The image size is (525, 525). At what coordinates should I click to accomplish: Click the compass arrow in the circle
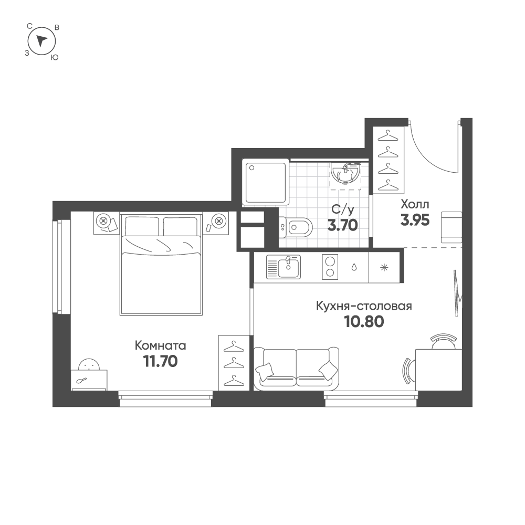[41, 40]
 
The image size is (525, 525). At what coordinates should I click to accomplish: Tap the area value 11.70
[160, 361]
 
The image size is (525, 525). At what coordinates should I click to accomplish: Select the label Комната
[160, 345]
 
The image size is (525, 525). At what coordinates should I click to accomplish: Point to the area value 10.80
[364, 322]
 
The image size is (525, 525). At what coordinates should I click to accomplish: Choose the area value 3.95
[415, 220]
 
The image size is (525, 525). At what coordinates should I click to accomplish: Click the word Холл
[415, 204]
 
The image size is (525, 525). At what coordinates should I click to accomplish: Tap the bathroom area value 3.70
[342, 225]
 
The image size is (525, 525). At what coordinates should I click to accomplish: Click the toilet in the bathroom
[296, 228]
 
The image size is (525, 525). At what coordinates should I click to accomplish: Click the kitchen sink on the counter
[283, 267]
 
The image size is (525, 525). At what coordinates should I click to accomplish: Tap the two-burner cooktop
[330, 267]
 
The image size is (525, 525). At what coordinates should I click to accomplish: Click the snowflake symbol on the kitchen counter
[384, 268]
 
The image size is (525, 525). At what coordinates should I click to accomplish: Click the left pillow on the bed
[142, 226]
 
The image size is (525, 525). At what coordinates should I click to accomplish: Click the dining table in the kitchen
[438, 370]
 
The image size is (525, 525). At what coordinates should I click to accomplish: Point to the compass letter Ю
[54, 58]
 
